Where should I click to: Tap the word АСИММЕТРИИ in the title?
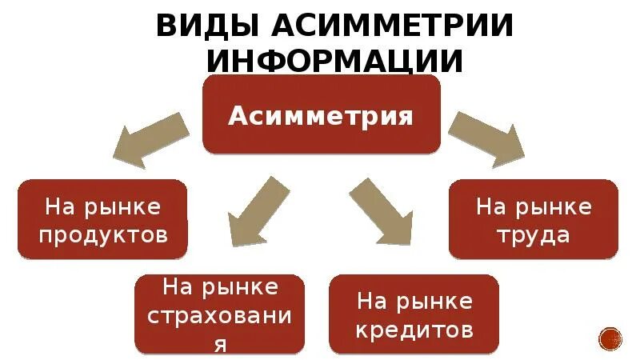[x=392, y=25]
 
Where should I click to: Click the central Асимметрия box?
[x=321, y=114]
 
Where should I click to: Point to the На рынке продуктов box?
[x=102, y=219]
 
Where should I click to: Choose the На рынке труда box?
[x=533, y=219]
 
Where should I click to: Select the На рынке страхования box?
[x=219, y=314]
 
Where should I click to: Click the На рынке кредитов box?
[x=414, y=314]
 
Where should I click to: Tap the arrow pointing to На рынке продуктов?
[x=150, y=138]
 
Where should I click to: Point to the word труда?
[x=533, y=235]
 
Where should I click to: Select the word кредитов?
[x=414, y=329]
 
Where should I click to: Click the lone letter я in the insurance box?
[x=220, y=344]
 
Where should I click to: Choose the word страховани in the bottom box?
[x=220, y=315]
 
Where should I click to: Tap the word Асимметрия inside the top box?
[x=321, y=116]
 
